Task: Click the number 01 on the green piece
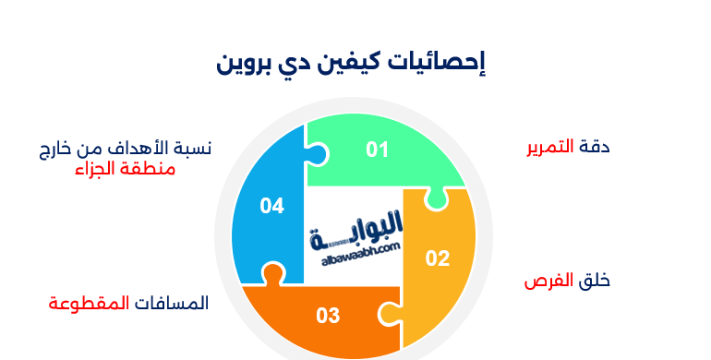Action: coord(377,150)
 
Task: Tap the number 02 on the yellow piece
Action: coord(437,258)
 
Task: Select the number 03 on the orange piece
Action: coord(328,316)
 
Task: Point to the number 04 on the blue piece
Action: coord(271,206)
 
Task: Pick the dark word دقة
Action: coord(595,147)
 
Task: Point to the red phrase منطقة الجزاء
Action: coord(125,170)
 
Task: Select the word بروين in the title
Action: coord(246,63)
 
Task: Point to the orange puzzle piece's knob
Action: coord(271,274)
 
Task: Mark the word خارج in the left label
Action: coord(58,149)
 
